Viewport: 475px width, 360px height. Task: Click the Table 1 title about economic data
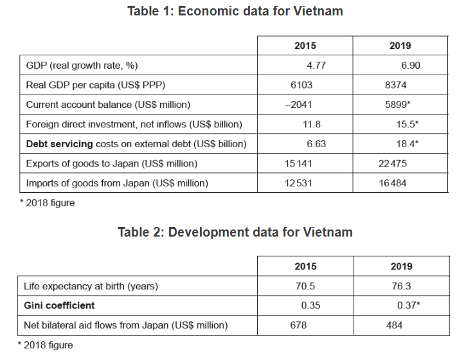235,11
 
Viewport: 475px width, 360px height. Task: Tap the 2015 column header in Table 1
305,46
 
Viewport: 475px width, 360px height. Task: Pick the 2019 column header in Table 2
401,266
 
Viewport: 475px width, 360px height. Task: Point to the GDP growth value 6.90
410,66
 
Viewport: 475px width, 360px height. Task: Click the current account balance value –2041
299,105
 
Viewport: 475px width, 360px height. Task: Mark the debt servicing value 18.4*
407,144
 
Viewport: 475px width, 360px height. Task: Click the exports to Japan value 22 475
393,163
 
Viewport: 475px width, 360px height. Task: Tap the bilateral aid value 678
299,325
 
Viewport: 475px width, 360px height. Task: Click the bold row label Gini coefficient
59,305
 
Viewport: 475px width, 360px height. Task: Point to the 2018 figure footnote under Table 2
46,346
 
